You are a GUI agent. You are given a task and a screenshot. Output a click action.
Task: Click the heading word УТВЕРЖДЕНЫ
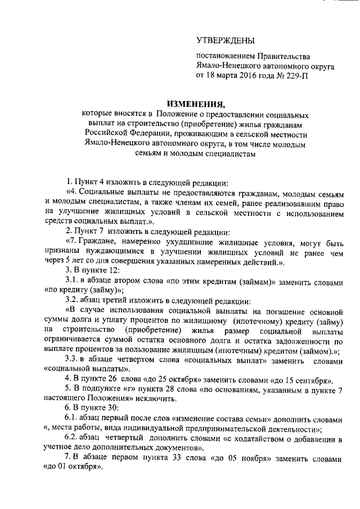pyautogui.click(x=225, y=40)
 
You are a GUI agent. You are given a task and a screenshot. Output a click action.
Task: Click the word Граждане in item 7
pyautogui.click(x=99, y=241)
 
